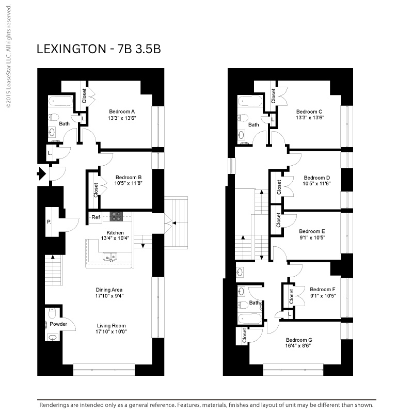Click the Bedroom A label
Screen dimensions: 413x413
click(122, 112)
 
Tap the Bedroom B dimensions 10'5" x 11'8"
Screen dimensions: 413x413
click(128, 183)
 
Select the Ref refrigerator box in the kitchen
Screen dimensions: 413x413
click(96, 217)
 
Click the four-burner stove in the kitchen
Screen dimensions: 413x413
click(116, 216)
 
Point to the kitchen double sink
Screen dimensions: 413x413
click(110, 256)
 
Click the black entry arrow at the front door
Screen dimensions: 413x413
click(41, 173)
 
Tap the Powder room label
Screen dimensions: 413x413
click(58, 324)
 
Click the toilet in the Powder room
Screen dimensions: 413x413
click(53, 312)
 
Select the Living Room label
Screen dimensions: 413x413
click(111, 326)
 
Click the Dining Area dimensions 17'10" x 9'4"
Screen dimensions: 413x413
click(109, 296)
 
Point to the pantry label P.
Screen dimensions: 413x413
click(49, 222)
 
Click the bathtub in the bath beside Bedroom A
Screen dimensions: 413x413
click(61, 101)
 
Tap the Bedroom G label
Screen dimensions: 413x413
click(299, 340)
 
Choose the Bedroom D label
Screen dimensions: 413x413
click(317, 178)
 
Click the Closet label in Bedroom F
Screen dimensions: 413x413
click(291, 296)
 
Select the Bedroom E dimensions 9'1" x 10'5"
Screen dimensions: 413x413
click(312, 237)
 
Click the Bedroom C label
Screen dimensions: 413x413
click(309, 112)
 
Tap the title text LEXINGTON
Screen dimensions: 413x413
click(71, 49)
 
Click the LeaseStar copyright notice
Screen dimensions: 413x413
click(8, 56)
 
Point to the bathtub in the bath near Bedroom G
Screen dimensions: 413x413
click(249, 319)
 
